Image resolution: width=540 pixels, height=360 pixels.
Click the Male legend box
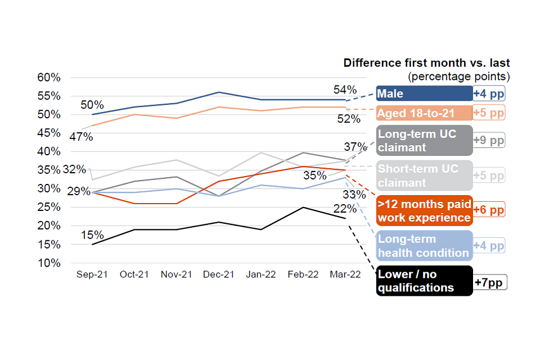pyautogui.click(x=424, y=93)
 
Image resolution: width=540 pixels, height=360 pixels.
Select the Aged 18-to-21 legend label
pyautogui.click(x=424, y=113)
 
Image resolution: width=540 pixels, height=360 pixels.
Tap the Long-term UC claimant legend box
pyautogui.click(x=424, y=140)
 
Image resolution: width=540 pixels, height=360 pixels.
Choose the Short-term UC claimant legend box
pyautogui.click(x=424, y=175)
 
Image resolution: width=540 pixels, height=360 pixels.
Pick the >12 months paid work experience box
pyautogui.click(x=424, y=210)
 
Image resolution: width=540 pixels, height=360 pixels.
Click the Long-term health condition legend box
pyautogui.click(x=424, y=246)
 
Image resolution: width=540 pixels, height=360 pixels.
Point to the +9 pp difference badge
pyautogui.click(x=489, y=140)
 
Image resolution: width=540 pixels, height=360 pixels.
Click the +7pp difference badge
pyautogui.click(x=490, y=281)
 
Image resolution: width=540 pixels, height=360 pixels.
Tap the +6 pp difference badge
pyautogui.click(x=489, y=210)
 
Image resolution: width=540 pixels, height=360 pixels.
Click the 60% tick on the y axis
pyautogui.click(x=49, y=78)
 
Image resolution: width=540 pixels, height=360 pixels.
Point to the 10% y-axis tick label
pyautogui.click(x=49, y=263)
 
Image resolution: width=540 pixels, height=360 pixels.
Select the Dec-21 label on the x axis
pyautogui.click(x=218, y=274)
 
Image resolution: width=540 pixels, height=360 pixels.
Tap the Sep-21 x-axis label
pyautogui.click(x=92, y=274)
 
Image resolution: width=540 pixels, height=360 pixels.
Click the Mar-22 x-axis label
pyautogui.click(x=345, y=274)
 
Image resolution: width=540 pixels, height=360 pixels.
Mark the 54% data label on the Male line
pyautogui.click(x=345, y=90)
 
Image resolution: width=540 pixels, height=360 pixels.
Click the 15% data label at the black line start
pyautogui.click(x=92, y=235)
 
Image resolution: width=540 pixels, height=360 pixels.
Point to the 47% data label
pyautogui.click(x=81, y=137)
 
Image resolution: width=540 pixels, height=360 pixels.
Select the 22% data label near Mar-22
pyautogui.click(x=345, y=209)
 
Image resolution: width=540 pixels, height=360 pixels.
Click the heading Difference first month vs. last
pyautogui.click(x=426, y=63)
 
